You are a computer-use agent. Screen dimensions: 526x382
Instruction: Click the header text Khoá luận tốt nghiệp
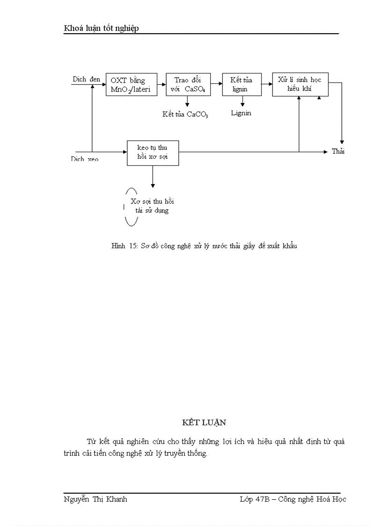click(101, 29)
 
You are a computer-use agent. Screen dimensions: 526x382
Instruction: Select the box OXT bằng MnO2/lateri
click(131, 85)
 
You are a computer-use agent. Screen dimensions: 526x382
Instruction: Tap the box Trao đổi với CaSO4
click(188, 85)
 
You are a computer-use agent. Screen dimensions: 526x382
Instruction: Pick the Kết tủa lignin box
click(241, 85)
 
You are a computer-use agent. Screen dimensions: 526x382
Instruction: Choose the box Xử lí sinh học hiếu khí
click(300, 84)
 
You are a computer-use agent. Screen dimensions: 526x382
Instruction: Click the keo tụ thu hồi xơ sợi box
click(153, 153)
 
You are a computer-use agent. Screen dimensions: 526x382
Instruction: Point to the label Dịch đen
click(86, 79)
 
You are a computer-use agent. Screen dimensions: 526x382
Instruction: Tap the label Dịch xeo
click(85, 159)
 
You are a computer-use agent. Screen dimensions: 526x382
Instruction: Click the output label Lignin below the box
click(241, 113)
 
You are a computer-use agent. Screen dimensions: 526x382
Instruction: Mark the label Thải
click(338, 151)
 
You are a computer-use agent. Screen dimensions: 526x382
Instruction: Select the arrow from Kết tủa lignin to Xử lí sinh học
click(266, 84)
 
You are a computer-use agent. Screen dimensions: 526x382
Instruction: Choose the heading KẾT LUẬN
click(204, 422)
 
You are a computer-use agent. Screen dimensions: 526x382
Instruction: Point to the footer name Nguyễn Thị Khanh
click(95, 499)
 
